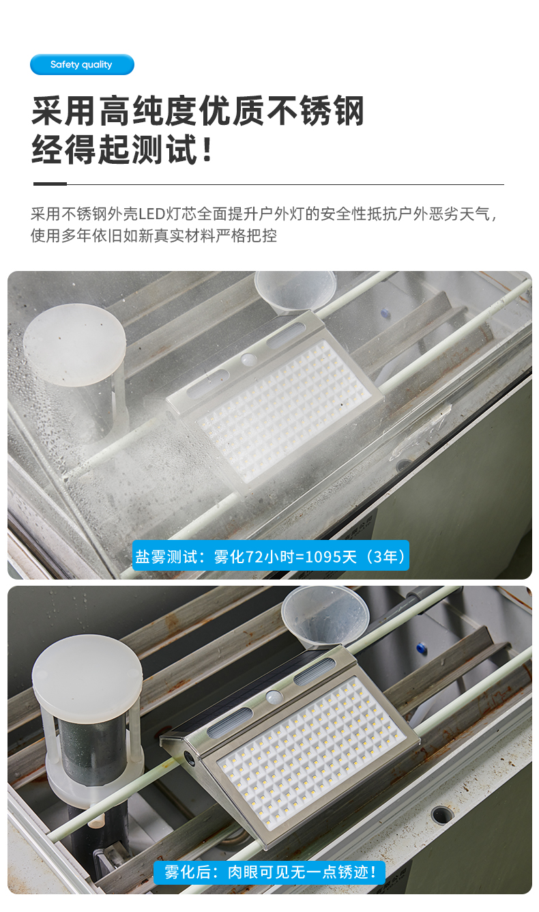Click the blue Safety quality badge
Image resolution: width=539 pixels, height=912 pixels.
click(82, 64)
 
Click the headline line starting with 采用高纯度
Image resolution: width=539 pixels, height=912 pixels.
click(198, 111)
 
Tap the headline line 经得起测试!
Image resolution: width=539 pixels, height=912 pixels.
click(122, 149)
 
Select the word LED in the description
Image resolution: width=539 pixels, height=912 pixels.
click(151, 214)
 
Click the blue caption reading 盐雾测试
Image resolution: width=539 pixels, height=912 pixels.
click(270, 556)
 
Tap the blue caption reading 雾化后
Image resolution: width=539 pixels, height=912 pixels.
click(269, 872)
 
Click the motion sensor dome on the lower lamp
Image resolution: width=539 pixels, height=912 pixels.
click(274, 696)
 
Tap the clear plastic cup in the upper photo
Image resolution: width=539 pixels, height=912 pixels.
click(295, 292)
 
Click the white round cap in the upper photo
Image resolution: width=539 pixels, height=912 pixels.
click(74, 345)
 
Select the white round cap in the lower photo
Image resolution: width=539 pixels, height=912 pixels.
click(87, 673)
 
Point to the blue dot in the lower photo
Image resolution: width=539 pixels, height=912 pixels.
click(421, 648)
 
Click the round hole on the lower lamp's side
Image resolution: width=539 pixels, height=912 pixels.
click(189, 758)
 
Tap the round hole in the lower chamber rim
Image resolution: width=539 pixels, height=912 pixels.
click(441, 814)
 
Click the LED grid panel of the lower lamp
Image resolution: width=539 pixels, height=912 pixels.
click(312, 753)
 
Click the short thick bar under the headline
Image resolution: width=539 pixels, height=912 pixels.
click(50, 184)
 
